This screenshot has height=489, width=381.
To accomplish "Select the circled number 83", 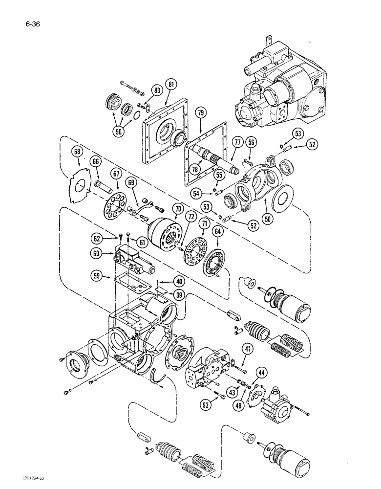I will [x=143, y=90].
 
